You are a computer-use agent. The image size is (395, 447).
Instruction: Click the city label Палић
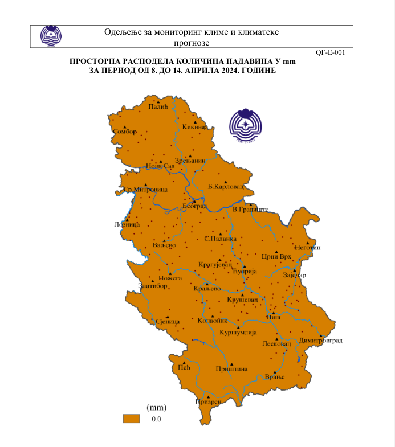click(157, 106)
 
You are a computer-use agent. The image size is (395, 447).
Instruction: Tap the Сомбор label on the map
click(125, 132)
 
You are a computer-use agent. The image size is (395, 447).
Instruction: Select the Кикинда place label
click(195, 127)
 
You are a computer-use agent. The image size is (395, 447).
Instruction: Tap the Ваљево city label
click(164, 245)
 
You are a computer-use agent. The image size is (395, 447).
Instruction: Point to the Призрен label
click(208, 401)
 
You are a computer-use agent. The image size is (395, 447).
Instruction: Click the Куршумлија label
click(239, 332)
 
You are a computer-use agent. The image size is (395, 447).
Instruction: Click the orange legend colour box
click(132, 419)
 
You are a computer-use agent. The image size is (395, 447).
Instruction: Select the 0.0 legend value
click(156, 419)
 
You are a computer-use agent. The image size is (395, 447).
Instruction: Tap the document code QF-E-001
click(330, 52)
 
